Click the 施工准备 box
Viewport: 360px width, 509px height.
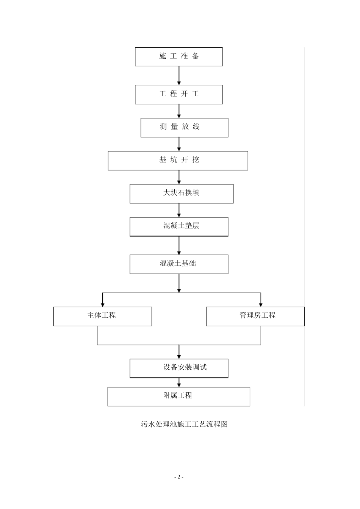tap(178, 57)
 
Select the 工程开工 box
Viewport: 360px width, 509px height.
tap(178, 94)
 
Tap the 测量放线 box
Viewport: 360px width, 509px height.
tap(184, 127)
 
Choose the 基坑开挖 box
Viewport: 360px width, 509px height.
tap(178, 161)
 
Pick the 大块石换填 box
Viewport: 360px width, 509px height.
tap(181, 194)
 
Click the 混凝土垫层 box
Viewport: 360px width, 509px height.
tap(179, 226)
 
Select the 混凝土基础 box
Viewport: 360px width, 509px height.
tap(179, 264)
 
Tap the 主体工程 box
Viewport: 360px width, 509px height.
tap(102, 316)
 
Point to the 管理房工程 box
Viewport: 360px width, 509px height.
tap(255, 316)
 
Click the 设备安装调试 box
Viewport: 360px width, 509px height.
tap(179, 368)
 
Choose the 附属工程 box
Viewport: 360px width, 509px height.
tap(178, 397)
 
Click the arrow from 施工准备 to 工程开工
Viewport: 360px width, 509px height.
tap(179, 75)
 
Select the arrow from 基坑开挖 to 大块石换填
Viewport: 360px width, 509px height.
tap(179, 177)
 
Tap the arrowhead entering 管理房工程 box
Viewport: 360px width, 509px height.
tap(261, 304)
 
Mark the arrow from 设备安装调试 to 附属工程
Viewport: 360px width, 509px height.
tap(179, 383)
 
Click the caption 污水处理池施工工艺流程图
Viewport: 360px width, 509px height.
tap(184, 424)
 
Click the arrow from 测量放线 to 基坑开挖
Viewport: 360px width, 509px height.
tap(179, 144)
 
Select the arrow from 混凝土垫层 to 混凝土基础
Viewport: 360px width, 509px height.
tap(179, 245)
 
